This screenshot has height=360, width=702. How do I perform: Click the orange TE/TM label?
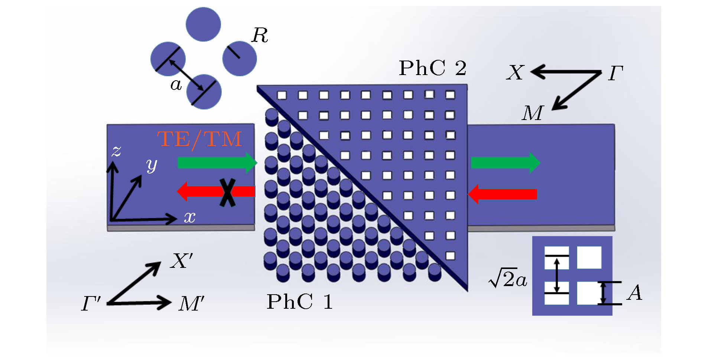click(199, 140)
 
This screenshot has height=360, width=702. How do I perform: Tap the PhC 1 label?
click(299, 301)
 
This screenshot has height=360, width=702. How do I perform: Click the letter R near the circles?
click(260, 36)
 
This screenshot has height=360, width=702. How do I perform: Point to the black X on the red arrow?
click(227, 192)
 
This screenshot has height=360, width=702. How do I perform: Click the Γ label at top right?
click(615, 73)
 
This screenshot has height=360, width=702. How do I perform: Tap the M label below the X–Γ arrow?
click(532, 113)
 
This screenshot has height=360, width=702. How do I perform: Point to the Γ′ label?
click(91, 304)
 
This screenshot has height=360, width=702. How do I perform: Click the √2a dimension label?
click(508, 279)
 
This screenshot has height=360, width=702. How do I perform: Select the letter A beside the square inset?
click(634, 292)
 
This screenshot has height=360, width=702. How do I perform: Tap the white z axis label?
click(116, 151)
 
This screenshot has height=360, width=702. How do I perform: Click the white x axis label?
click(189, 217)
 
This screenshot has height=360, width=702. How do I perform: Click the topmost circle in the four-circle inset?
click(203, 24)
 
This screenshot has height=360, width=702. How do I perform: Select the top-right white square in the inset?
click(589, 257)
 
